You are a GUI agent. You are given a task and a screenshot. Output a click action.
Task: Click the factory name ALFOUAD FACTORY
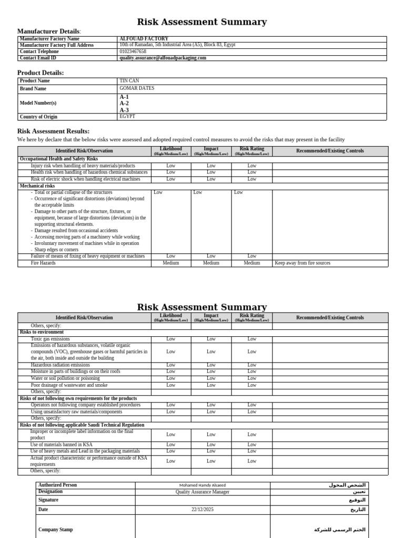(x=144, y=39)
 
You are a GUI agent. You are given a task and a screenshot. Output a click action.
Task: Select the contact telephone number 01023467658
(x=133, y=51)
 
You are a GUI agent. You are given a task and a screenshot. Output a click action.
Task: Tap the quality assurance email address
(x=163, y=58)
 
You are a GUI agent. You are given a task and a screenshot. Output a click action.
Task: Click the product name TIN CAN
(x=129, y=81)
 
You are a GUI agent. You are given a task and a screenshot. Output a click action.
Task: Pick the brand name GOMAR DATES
(x=137, y=88)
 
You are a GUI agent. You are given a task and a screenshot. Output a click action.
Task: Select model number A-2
(x=124, y=104)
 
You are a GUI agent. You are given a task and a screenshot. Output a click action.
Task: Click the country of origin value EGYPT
(x=127, y=116)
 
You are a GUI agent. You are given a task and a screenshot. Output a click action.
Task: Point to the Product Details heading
(x=41, y=73)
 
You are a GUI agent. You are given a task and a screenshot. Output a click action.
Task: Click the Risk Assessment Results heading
(x=53, y=131)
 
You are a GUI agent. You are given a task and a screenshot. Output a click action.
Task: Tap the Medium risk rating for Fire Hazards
(x=252, y=263)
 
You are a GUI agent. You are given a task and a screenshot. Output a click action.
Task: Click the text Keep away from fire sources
(x=302, y=263)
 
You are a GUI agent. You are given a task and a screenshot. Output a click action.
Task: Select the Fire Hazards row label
(x=43, y=263)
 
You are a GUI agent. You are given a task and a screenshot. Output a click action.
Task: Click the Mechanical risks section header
(x=37, y=186)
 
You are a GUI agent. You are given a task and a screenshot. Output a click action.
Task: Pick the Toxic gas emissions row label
(x=50, y=339)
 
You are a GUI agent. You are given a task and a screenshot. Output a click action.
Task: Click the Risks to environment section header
(x=42, y=332)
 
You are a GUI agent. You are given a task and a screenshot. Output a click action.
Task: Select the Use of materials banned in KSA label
(x=61, y=444)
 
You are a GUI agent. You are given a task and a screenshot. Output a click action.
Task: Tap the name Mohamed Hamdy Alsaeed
(x=203, y=485)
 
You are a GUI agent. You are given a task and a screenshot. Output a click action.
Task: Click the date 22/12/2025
(x=203, y=510)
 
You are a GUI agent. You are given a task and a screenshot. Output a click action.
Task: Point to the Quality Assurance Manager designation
(x=203, y=492)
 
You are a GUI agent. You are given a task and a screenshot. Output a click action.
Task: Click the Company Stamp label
(x=56, y=530)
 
